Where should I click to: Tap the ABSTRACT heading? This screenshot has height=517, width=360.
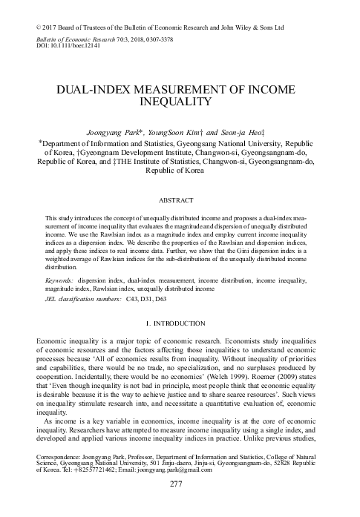pos(180,200)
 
